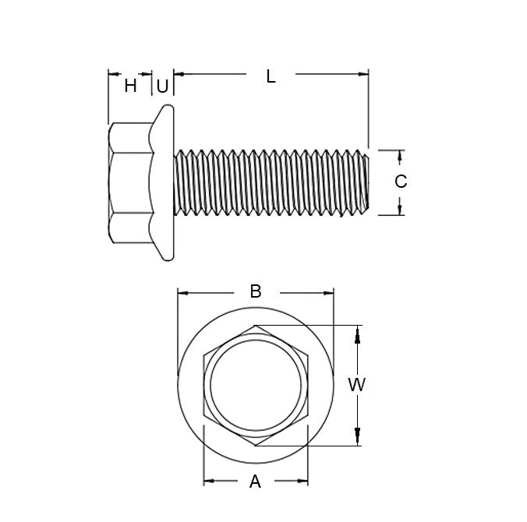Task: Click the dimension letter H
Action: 130,86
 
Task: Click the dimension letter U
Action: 161,86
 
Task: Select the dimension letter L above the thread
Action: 271,76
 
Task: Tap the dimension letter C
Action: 400,182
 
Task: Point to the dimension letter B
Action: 255,291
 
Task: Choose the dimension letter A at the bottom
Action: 255,482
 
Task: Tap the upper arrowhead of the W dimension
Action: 358,333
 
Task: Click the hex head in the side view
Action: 129,182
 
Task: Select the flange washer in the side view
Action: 164,182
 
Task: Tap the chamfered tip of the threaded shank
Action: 364,182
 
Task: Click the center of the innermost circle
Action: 255,385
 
